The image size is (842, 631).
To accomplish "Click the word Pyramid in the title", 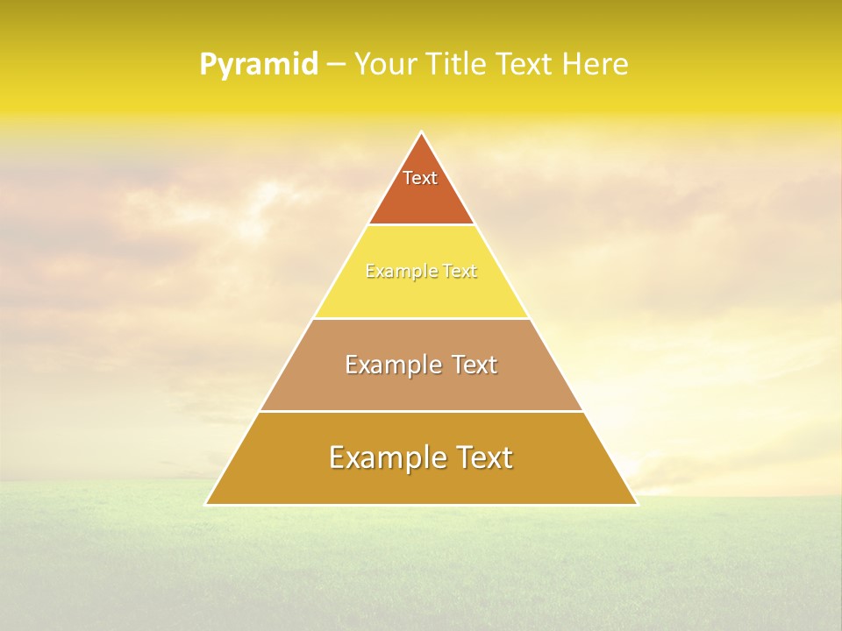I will (x=259, y=65).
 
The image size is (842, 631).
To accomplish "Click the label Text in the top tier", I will (x=420, y=178).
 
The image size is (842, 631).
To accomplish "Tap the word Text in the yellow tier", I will (x=460, y=272).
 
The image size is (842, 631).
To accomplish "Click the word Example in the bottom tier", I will (x=382, y=457).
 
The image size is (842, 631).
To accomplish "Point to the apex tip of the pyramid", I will (x=421, y=133).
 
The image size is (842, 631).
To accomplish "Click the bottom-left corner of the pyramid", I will (x=206, y=504).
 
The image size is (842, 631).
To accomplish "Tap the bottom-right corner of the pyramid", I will (x=637, y=504).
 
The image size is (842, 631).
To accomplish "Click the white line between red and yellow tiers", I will (x=421, y=225).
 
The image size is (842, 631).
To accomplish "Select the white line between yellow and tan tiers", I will (x=421, y=318).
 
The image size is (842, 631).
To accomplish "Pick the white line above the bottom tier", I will (x=421, y=411).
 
